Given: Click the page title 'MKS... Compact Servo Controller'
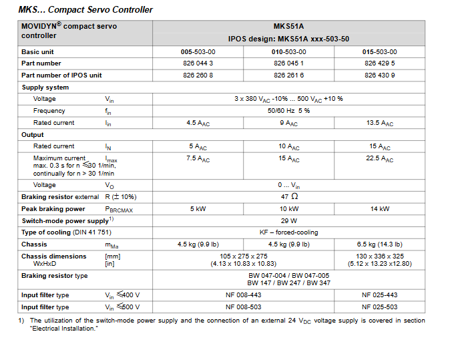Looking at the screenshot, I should [85, 9].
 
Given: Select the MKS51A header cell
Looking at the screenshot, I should [288, 27].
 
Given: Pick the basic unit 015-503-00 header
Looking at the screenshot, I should [379, 51].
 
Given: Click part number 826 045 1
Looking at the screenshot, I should [288, 63].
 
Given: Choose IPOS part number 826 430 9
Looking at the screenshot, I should [379, 75].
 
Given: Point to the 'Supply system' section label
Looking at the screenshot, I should [45, 87].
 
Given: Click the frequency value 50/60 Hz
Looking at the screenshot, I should [288, 111].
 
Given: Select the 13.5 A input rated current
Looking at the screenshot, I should [379, 123].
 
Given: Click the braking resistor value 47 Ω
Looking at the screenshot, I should [288, 197].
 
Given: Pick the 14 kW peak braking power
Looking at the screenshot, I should [379, 209].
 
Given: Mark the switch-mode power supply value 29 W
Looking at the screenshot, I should [288, 220].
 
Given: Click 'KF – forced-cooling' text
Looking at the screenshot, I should [288, 232].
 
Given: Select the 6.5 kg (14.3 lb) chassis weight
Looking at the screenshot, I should [379, 244].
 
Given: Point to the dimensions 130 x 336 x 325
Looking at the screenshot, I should [379, 256].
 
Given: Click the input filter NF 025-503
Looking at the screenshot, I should [379, 307].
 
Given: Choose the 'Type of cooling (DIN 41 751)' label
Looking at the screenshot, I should [66, 232].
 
